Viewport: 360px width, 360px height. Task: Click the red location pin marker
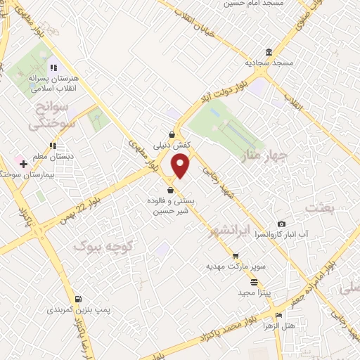pos(181,166)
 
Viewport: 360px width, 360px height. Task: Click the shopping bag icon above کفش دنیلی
pos(172,134)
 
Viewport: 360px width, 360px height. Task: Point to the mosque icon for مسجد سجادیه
pos(269,52)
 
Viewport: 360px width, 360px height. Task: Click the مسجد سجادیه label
pos(268,63)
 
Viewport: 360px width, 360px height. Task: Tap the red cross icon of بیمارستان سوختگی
pos(24,164)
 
